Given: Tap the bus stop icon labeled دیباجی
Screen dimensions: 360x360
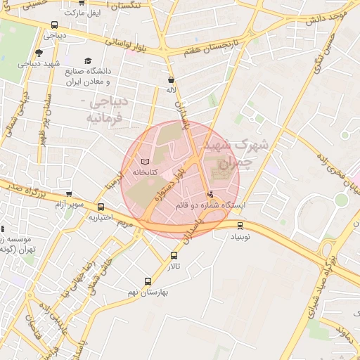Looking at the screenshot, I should click(x=55, y=25).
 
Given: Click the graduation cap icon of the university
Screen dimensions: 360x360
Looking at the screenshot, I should click(x=88, y=60).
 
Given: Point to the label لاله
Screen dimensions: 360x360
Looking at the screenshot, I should click(x=171, y=90).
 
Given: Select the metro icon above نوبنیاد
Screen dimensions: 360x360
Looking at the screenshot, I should click(x=241, y=226).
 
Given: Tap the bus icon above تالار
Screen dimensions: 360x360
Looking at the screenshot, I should click(x=174, y=256).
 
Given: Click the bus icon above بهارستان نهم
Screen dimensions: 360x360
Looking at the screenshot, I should click(x=147, y=281).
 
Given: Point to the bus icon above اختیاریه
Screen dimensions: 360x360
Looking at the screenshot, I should click(x=102, y=207).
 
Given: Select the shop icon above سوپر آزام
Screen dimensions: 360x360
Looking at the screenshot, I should click(x=69, y=194).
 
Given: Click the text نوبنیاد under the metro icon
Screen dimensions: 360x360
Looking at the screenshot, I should click(x=241, y=237).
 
